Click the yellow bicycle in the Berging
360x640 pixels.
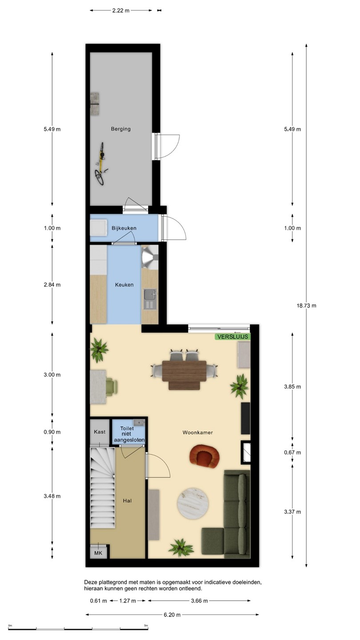point(100,164)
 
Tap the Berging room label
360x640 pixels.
point(121,129)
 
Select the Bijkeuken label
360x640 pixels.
point(124,228)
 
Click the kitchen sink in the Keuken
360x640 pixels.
point(150,299)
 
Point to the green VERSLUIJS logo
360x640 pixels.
point(232,336)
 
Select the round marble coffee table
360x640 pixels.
point(193,504)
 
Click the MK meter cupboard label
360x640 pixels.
point(98,553)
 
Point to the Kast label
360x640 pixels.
point(100,432)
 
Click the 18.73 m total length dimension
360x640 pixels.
point(306,305)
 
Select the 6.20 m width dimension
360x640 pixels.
point(172,615)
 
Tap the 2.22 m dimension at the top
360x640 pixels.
point(121,11)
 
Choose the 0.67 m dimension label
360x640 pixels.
point(292,452)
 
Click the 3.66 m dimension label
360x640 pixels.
point(200,600)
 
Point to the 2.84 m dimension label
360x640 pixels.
point(52,284)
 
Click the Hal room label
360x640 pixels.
point(127,500)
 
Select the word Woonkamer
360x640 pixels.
point(198,432)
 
